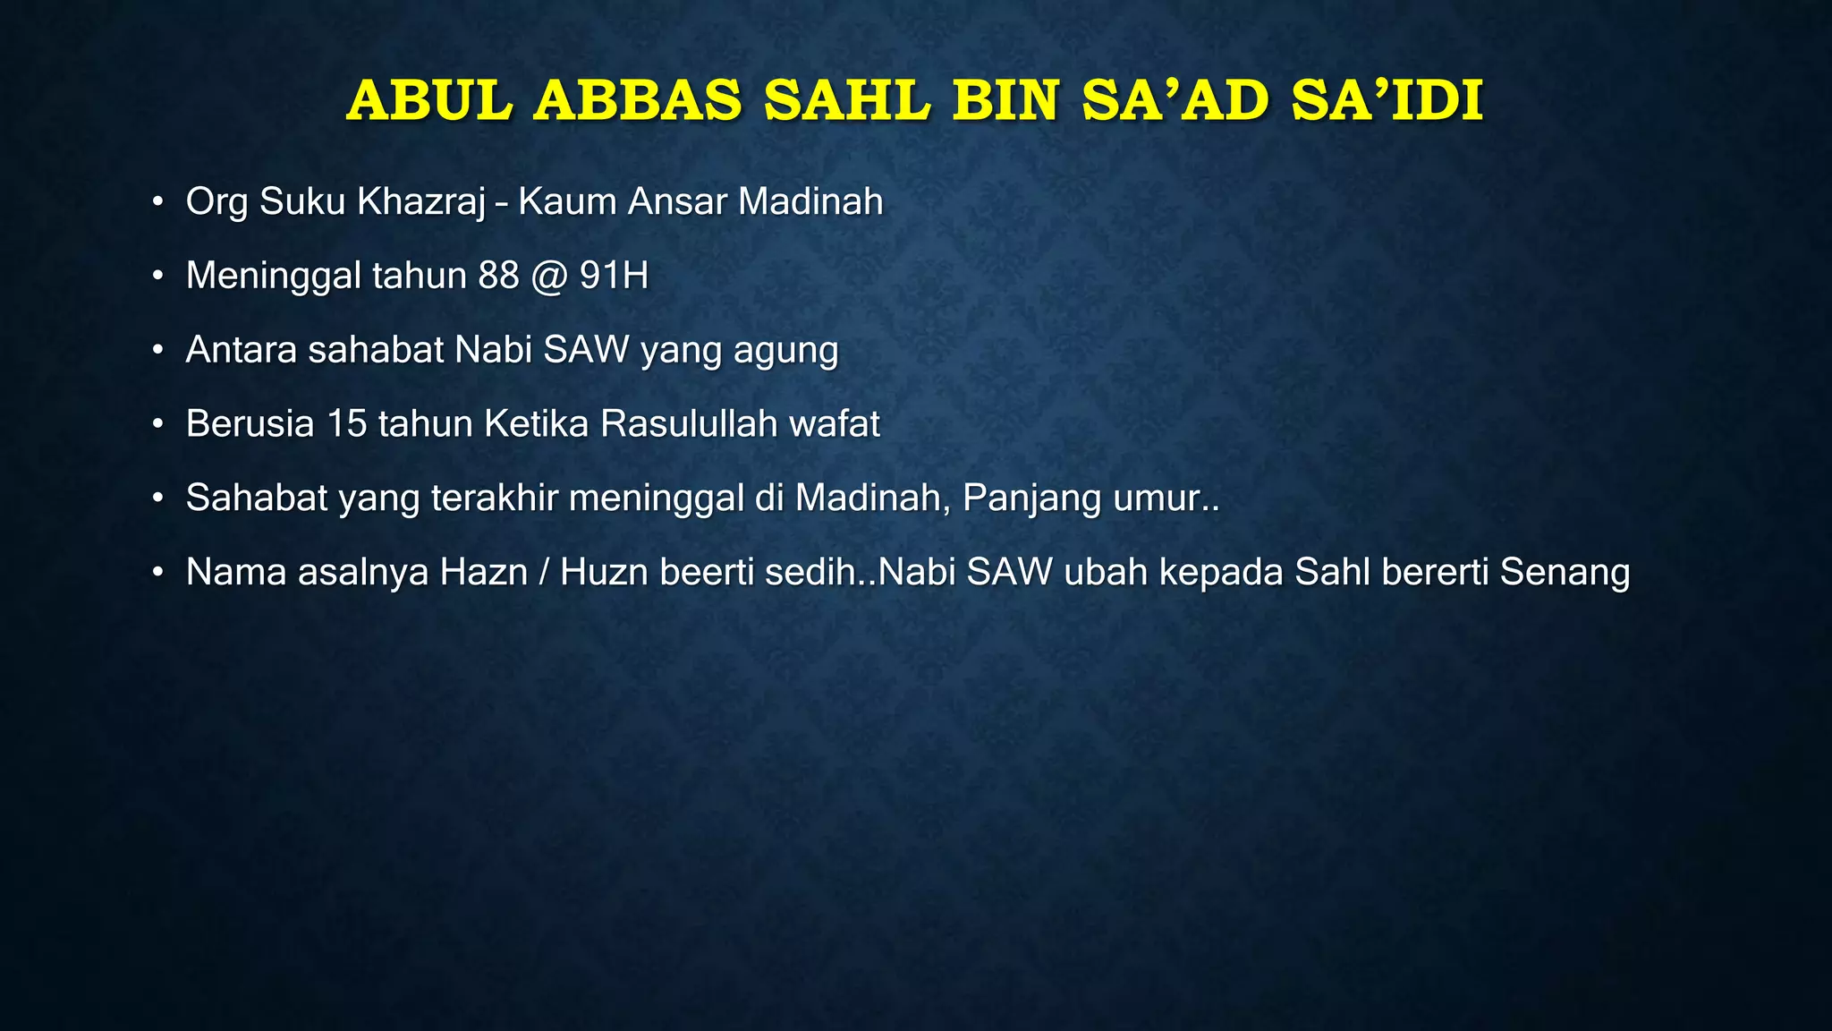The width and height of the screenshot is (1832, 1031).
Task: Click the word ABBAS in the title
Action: [x=638, y=100]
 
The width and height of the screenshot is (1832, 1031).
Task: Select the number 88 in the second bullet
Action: [x=498, y=276]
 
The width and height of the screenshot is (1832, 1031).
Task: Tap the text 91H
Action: [x=614, y=276]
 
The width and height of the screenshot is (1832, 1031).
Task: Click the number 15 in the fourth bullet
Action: [x=347, y=424]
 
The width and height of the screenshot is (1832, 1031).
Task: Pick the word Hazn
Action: [x=483, y=573]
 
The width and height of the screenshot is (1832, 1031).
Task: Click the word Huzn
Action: [x=605, y=573]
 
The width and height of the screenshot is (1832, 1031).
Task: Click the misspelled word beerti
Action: [x=707, y=573]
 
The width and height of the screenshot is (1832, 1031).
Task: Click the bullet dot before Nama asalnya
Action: [x=157, y=573]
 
